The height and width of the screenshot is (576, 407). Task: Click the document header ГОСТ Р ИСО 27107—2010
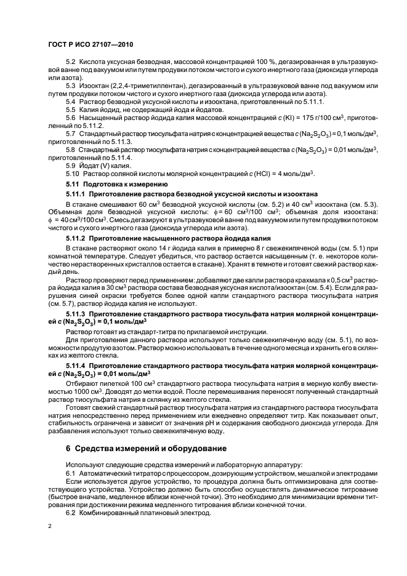pos(90,45)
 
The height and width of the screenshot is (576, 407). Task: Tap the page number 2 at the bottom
pos(50,527)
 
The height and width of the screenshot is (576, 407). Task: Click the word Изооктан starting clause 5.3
pos(94,85)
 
